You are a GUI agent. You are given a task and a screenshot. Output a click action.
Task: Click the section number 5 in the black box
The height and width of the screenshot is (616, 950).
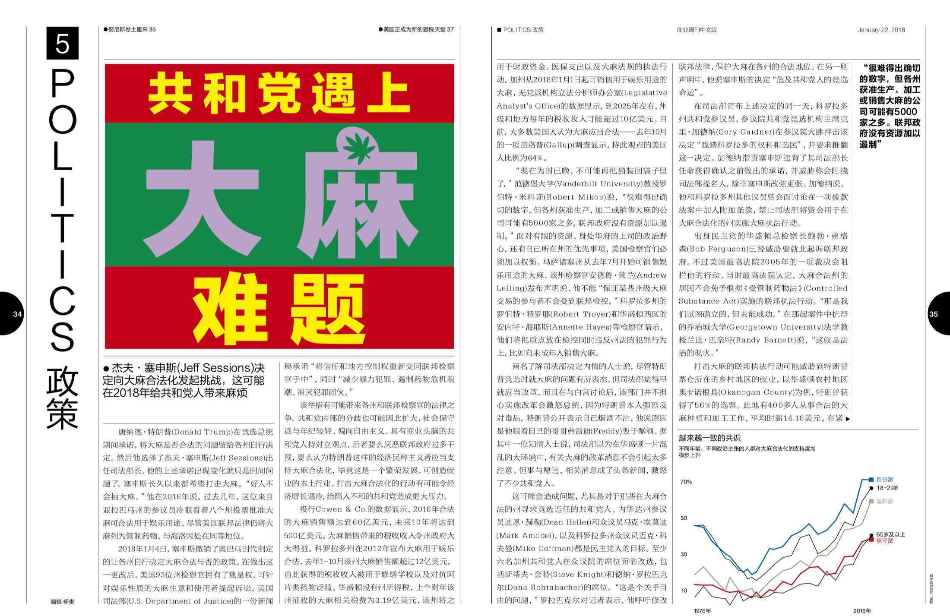(x=63, y=43)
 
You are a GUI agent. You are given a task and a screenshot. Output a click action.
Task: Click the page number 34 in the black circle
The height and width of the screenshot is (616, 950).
(x=17, y=314)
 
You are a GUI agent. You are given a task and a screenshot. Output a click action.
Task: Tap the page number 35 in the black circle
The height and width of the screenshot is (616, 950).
(x=934, y=314)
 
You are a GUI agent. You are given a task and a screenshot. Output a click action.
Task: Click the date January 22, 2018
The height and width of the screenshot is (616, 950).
(x=881, y=30)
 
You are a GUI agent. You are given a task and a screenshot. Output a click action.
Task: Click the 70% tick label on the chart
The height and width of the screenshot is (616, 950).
(x=686, y=482)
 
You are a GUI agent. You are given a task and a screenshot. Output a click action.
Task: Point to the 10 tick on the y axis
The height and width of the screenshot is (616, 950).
(x=684, y=591)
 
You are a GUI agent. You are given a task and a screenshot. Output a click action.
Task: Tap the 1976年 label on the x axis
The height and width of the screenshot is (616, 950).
(x=702, y=610)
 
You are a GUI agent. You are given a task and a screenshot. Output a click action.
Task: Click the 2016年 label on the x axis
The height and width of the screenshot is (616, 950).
(x=862, y=610)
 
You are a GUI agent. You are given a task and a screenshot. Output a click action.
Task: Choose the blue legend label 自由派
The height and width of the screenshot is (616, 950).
(x=885, y=479)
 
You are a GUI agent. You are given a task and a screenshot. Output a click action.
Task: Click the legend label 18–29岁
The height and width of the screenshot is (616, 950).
(x=887, y=488)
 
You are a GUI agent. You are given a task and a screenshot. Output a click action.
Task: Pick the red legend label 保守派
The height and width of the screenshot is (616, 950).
(x=885, y=540)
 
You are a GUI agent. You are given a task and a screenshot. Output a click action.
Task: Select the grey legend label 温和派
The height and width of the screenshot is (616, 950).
(x=885, y=501)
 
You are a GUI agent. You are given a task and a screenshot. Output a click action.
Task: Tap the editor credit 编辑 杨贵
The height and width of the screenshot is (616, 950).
(x=62, y=601)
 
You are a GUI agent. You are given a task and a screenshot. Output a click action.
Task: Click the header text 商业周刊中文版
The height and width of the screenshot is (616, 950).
(x=697, y=30)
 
